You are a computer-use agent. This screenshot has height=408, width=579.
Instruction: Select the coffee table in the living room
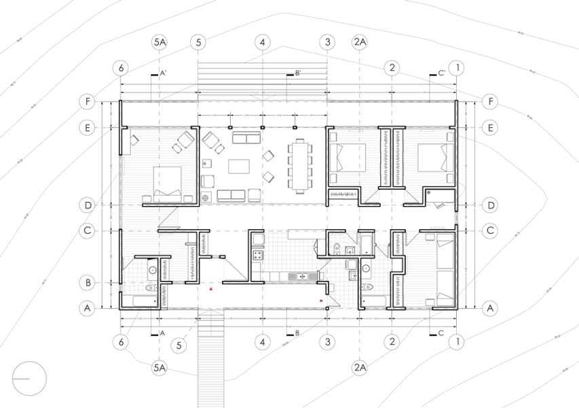(x=238, y=167)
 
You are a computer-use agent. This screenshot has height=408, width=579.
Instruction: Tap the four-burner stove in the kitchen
(x=259, y=256)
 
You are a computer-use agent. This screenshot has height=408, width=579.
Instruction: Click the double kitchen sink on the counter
(x=299, y=277)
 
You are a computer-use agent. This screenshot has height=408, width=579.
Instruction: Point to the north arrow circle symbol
(x=29, y=379)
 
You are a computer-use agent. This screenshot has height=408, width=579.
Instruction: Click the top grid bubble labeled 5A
(x=160, y=42)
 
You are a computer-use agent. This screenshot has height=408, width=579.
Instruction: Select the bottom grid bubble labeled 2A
(x=360, y=368)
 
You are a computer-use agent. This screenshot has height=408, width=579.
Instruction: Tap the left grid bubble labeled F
(x=87, y=102)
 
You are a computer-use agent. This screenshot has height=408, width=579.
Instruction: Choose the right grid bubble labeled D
(x=491, y=205)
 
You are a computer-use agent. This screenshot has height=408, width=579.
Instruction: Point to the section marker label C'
(x=441, y=73)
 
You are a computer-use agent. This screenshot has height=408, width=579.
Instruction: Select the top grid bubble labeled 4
(x=263, y=42)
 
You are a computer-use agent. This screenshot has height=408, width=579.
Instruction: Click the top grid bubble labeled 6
(x=122, y=68)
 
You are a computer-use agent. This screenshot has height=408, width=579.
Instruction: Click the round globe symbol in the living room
(x=206, y=198)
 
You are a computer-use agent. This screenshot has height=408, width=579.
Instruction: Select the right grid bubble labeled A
(x=491, y=308)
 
